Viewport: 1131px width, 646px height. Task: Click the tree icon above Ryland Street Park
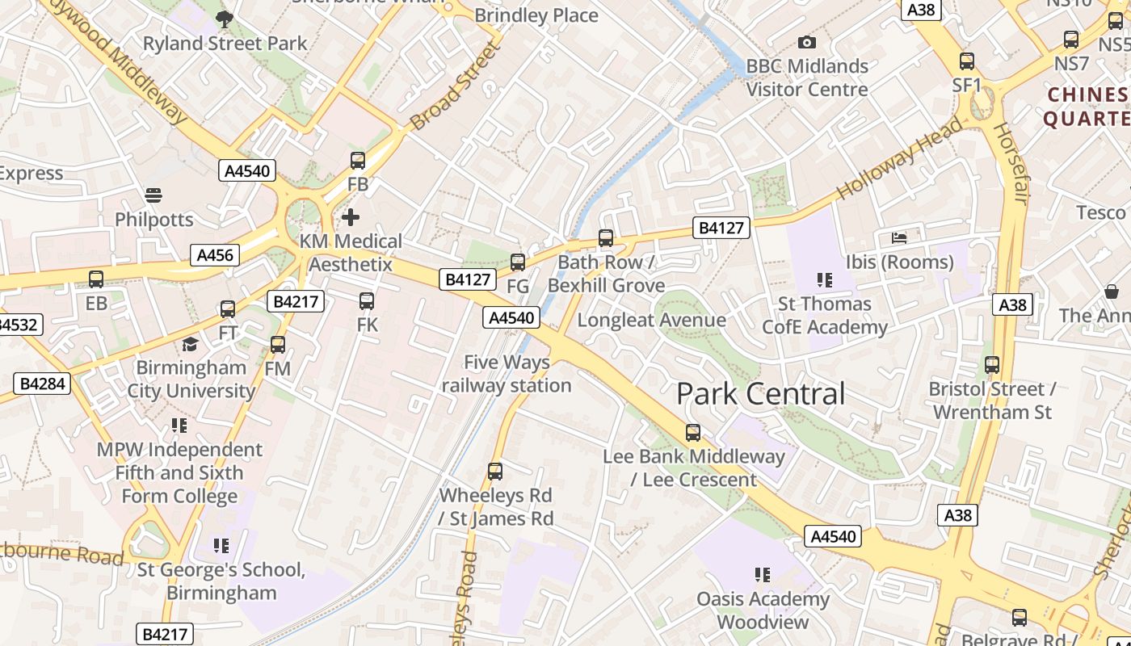pos(225,18)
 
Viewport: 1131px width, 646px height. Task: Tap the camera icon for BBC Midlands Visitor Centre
pos(806,42)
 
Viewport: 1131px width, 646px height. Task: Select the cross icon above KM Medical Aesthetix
pos(351,216)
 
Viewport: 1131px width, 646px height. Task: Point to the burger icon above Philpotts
pos(153,195)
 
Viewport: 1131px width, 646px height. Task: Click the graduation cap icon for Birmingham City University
pos(190,344)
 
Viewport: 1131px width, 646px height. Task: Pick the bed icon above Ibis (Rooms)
pos(899,237)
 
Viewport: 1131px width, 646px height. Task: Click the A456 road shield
pos(215,255)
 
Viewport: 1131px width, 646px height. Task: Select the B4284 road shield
pos(42,383)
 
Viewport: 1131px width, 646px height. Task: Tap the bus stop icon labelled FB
pos(358,161)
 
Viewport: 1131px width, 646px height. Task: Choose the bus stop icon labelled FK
pos(367,301)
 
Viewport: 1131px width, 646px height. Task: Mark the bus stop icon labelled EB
pos(96,279)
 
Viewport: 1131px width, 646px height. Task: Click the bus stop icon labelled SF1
pos(966,61)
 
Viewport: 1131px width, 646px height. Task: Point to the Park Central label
pos(760,394)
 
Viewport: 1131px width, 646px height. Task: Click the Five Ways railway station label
pos(507,374)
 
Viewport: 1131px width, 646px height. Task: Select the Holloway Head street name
pos(899,158)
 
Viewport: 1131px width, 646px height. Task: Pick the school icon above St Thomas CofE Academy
pos(824,280)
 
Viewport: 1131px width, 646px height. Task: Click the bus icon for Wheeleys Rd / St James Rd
pos(495,471)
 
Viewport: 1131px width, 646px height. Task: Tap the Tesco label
pos(1101,212)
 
